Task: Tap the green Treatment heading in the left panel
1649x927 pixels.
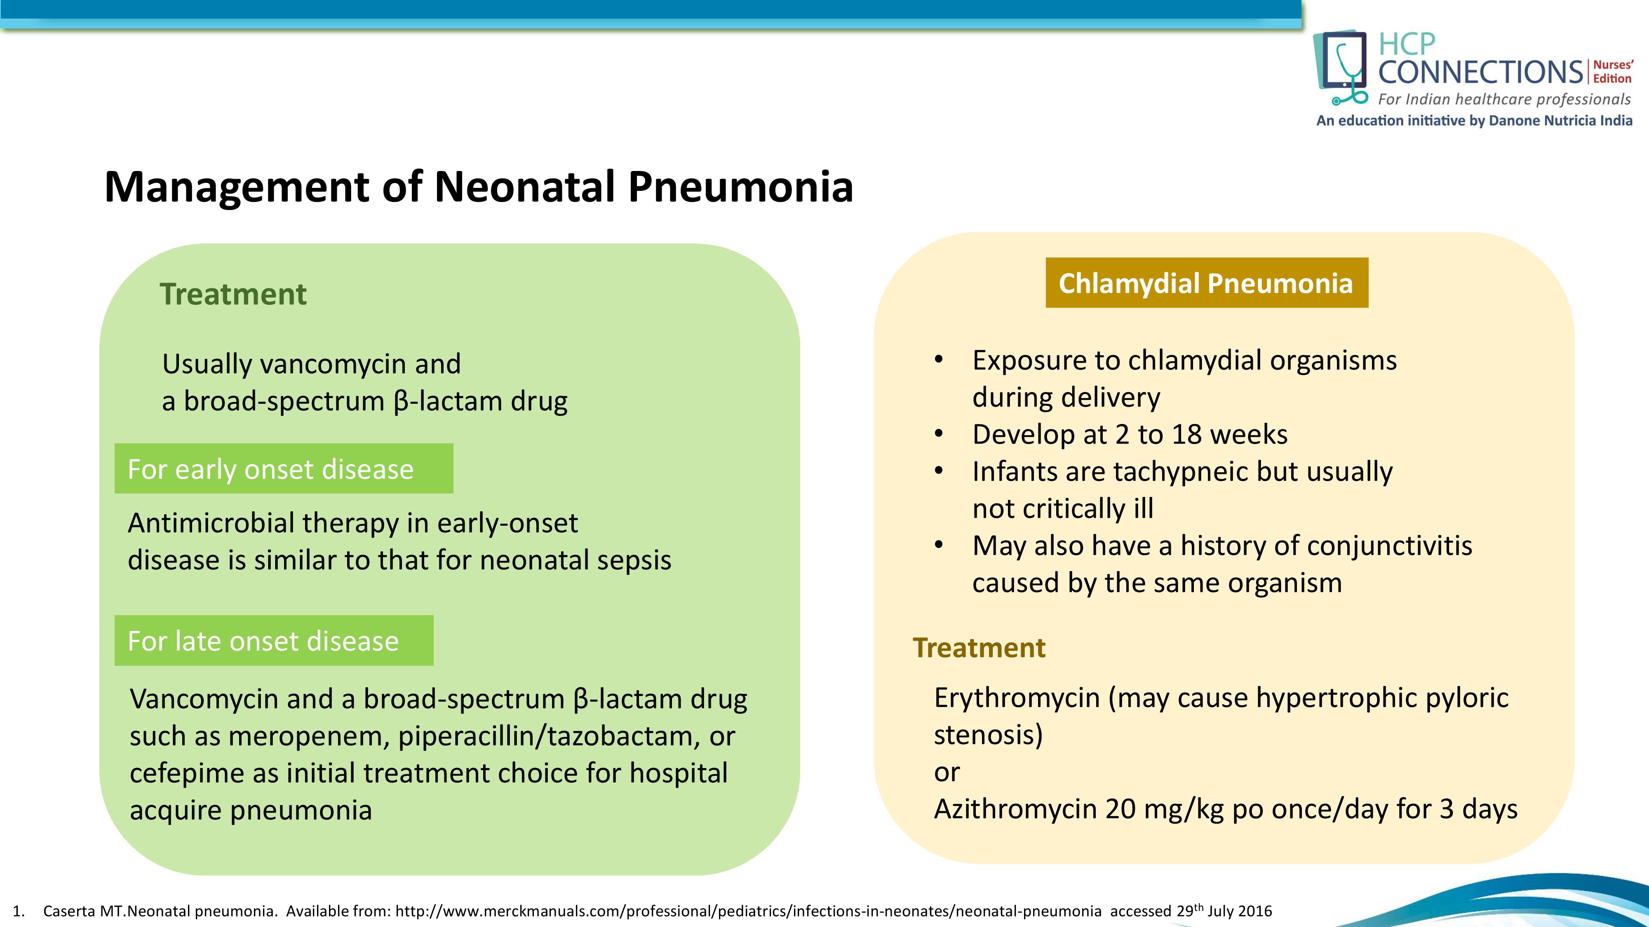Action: click(x=233, y=294)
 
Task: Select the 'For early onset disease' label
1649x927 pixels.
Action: click(x=271, y=469)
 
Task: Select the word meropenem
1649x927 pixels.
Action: click(x=308, y=736)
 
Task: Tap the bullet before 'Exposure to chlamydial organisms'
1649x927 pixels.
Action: click(x=938, y=360)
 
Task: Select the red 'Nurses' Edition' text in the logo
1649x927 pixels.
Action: click(x=1612, y=72)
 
